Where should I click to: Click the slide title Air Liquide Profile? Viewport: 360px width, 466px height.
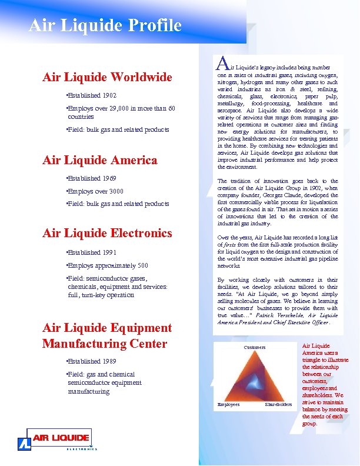(105, 25)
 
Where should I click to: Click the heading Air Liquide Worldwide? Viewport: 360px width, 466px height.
(107, 77)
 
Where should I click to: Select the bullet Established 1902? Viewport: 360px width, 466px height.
(92, 95)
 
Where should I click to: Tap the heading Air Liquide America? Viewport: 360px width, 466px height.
(99, 160)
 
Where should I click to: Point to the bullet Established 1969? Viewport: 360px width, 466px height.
(92, 178)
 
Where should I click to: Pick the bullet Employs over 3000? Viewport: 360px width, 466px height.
(96, 191)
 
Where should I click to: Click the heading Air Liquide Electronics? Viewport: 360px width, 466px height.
(107, 233)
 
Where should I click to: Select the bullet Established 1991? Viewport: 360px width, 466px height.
(92, 252)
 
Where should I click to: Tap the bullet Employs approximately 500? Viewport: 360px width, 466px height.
(108, 265)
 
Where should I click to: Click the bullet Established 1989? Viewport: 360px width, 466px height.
(92, 361)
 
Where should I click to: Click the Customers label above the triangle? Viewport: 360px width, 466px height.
(254, 347)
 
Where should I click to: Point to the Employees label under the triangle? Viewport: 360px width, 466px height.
(228, 404)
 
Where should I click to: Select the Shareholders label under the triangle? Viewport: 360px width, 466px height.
(278, 404)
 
